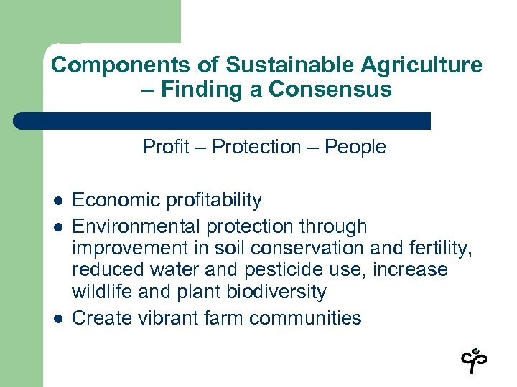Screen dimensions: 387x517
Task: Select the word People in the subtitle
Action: (355, 147)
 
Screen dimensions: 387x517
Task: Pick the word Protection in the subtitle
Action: (256, 147)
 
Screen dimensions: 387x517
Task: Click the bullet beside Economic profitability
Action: (57, 201)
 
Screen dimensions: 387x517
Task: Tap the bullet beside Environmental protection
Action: (57, 227)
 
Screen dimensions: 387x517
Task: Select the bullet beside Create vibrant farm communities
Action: (57, 319)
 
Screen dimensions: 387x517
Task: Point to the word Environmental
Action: (137, 227)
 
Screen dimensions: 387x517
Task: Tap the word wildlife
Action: (102, 292)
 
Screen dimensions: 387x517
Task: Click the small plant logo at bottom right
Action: (475, 360)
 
